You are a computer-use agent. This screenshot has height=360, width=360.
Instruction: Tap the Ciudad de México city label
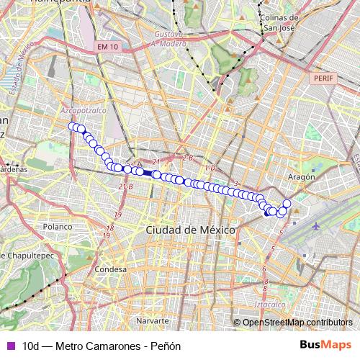point(190,230)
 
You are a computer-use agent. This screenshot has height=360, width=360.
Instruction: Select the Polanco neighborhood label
point(59,226)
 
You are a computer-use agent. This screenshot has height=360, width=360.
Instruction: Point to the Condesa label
point(110,269)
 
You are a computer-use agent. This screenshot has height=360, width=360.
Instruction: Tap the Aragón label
point(302,176)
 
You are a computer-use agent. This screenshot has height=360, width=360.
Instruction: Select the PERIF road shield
point(320,76)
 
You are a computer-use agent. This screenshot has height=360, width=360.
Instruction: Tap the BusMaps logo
point(325,346)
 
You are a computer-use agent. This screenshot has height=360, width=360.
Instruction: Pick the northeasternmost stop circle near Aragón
point(287,204)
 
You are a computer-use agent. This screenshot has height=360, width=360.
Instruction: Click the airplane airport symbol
point(318,226)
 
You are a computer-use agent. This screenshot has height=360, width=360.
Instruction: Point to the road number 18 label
point(109,229)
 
